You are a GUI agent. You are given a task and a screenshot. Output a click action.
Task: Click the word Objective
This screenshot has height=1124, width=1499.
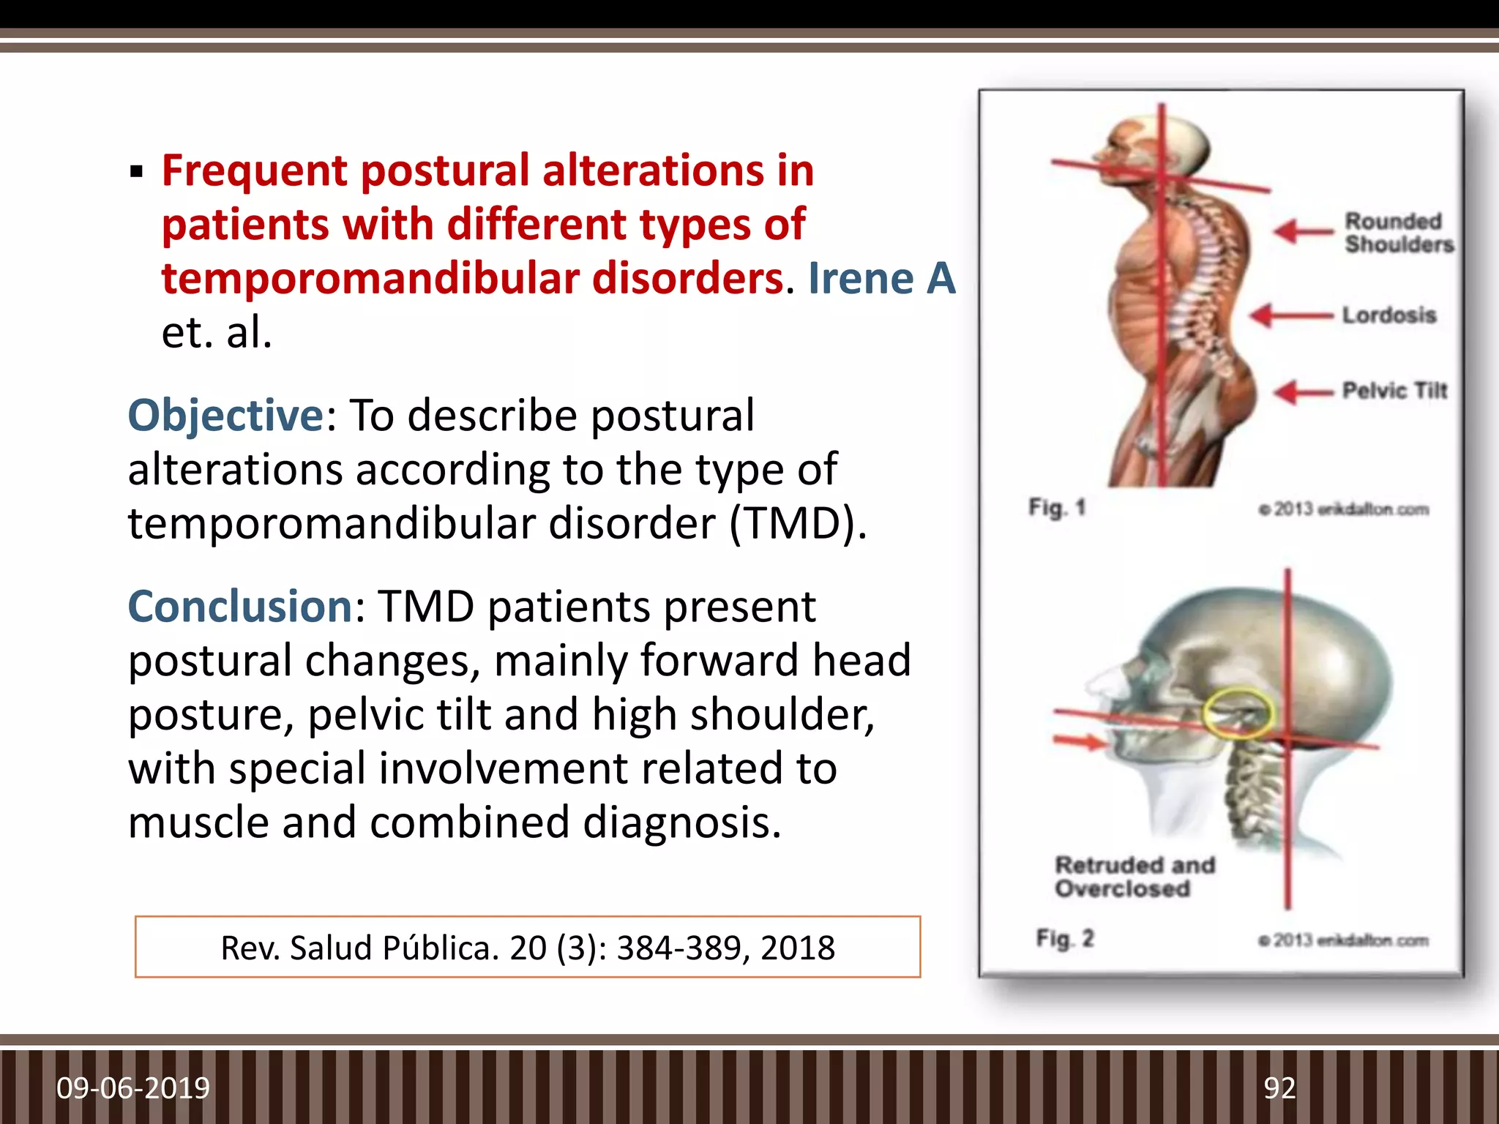pos(225,416)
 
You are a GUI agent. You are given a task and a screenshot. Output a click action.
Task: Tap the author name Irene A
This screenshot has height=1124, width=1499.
pos(881,279)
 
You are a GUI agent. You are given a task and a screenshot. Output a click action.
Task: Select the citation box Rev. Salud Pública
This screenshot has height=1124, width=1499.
pos(528,947)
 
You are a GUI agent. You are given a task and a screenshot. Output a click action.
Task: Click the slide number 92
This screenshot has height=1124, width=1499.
pos(1279,1088)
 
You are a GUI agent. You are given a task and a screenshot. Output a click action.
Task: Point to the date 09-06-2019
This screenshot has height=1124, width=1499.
pos(133,1088)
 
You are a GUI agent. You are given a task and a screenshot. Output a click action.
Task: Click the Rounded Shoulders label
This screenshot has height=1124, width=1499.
pos(1398,232)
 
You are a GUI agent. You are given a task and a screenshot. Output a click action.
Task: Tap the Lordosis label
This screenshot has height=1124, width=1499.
pos(1388,315)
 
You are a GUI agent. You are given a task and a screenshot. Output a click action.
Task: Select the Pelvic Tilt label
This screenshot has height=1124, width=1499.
pos(1394,391)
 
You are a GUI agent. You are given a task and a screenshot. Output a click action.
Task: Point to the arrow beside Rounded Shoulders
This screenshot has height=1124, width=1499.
pos(1304,232)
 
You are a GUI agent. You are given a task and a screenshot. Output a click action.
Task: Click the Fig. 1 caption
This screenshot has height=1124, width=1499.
pos(1056,507)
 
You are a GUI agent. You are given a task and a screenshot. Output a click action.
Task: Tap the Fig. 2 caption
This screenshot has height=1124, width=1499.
pos(1064,938)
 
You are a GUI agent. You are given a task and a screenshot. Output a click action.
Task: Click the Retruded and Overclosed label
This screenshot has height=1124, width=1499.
pos(1134,877)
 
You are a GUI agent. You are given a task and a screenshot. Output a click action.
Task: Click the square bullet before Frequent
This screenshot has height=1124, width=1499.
pos(136,173)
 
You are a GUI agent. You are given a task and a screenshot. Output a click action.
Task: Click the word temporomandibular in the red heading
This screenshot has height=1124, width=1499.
pos(370,279)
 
